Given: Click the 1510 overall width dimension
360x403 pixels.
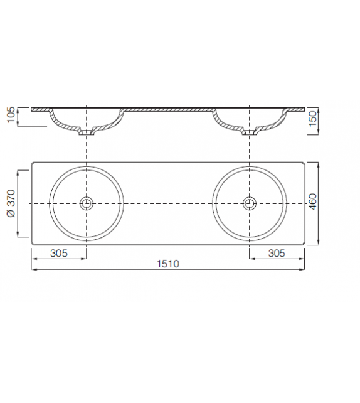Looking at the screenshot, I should tap(168, 264).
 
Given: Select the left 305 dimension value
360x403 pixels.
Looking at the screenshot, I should tap(58, 253).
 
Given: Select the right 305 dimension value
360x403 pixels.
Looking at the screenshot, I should tap(277, 253).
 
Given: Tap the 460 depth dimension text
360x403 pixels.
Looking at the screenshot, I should tap(314, 203).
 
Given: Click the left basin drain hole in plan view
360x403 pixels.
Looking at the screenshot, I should tap(86, 203).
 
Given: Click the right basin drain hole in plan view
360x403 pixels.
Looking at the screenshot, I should tap(250, 203).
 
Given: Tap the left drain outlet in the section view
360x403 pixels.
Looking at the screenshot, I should tap(86, 132).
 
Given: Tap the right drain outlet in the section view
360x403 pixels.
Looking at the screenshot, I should tap(250, 132).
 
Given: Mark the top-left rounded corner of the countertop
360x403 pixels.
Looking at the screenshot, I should tap(33, 164).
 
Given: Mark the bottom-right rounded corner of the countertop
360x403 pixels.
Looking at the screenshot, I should tap(304, 243).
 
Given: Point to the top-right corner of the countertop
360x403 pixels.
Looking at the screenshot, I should tap(304, 164).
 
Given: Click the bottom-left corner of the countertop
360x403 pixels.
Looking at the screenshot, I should tap(33, 243).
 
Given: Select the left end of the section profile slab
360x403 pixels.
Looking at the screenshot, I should tap(33, 109).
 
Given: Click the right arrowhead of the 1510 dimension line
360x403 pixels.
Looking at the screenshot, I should tap(304, 270).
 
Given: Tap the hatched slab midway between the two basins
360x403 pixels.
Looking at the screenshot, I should tap(168, 109).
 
